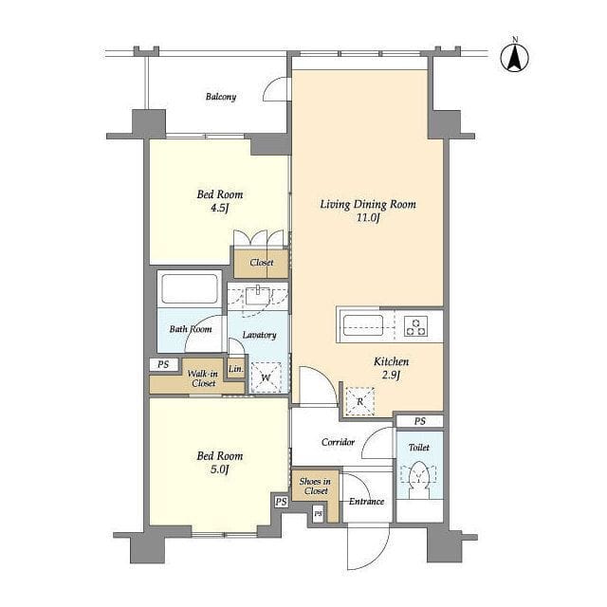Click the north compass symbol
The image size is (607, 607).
tap(514, 57)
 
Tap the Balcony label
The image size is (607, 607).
tap(221, 97)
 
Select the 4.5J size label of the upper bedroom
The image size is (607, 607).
tap(219, 209)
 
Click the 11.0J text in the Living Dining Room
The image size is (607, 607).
tap(368, 217)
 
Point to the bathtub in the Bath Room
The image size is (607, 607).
tap(190, 288)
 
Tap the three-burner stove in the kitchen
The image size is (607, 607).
tap(416, 326)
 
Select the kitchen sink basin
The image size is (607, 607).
tap(363, 325)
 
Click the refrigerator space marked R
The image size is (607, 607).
tap(360, 401)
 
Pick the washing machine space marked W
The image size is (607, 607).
tap(266, 377)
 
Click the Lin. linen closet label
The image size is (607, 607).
tap(236, 369)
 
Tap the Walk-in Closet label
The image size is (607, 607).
tap(203, 378)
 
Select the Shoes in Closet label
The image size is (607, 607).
tap(315, 487)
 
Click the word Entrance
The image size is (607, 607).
tap(367, 502)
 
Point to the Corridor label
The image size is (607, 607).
tap(338, 442)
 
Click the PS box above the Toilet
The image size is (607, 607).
tap(419, 421)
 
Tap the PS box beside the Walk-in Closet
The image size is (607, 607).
tap(163, 364)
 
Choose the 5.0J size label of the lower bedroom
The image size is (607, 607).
tap(219, 469)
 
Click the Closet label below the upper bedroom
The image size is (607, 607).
tap(262, 263)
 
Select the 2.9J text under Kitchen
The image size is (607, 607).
tap(391, 376)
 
